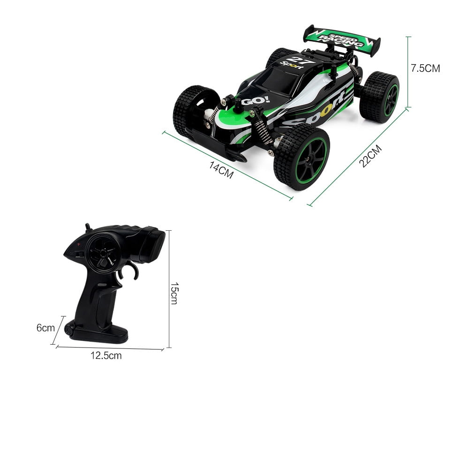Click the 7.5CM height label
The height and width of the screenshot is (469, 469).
[x=425, y=68]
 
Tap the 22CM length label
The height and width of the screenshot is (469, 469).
[x=371, y=156]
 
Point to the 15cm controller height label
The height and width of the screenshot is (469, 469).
[x=174, y=293]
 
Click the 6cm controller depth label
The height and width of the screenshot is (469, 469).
[x=45, y=327]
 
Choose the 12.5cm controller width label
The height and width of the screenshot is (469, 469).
[x=106, y=356]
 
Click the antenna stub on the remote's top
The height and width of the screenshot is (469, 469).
[x=88, y=227]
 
